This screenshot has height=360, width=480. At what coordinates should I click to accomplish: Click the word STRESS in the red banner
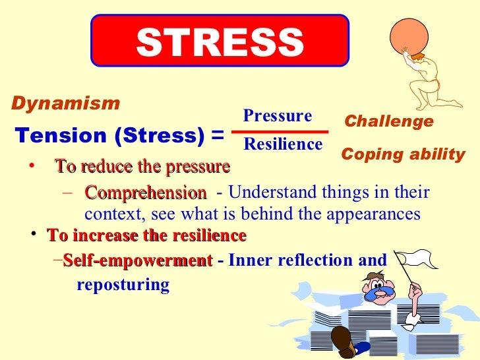pos(220,42)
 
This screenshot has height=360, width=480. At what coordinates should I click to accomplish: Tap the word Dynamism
pos(65,104)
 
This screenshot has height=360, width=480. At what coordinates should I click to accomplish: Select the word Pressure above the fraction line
pos(277,117)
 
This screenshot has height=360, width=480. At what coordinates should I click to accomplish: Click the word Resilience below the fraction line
pos(283,144)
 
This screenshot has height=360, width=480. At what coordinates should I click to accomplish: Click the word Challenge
pos(389,122)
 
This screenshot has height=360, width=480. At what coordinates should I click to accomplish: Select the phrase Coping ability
pos(403,156)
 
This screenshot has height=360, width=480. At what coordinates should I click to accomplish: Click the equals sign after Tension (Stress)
pos(217,136)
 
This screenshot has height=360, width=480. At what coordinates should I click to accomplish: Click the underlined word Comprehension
pos(145,193)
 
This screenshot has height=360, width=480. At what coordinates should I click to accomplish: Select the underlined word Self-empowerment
pos(138,260)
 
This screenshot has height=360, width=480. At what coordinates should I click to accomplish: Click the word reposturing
pos(123,285)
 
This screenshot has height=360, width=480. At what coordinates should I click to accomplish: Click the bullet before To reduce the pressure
pos(31,167)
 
